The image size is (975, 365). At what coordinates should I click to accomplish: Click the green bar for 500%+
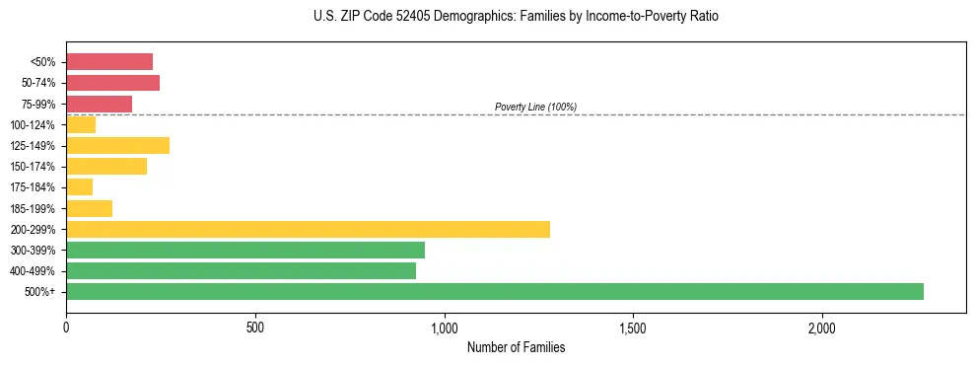coord(494,291)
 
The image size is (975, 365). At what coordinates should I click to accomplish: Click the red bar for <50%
coord(109,61)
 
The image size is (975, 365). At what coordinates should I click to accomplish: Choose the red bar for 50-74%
coord(112,83)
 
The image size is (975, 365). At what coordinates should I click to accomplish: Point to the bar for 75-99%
coord(99,104)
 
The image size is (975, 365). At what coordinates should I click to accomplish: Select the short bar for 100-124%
coord(81,124)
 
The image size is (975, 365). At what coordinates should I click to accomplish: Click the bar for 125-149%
coord(117,145)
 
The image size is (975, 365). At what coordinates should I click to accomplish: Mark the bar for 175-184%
coord(79,186)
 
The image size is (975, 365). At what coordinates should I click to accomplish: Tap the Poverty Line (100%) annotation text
coord(535,107)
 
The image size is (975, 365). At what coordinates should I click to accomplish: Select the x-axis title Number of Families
coord(516,347)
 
